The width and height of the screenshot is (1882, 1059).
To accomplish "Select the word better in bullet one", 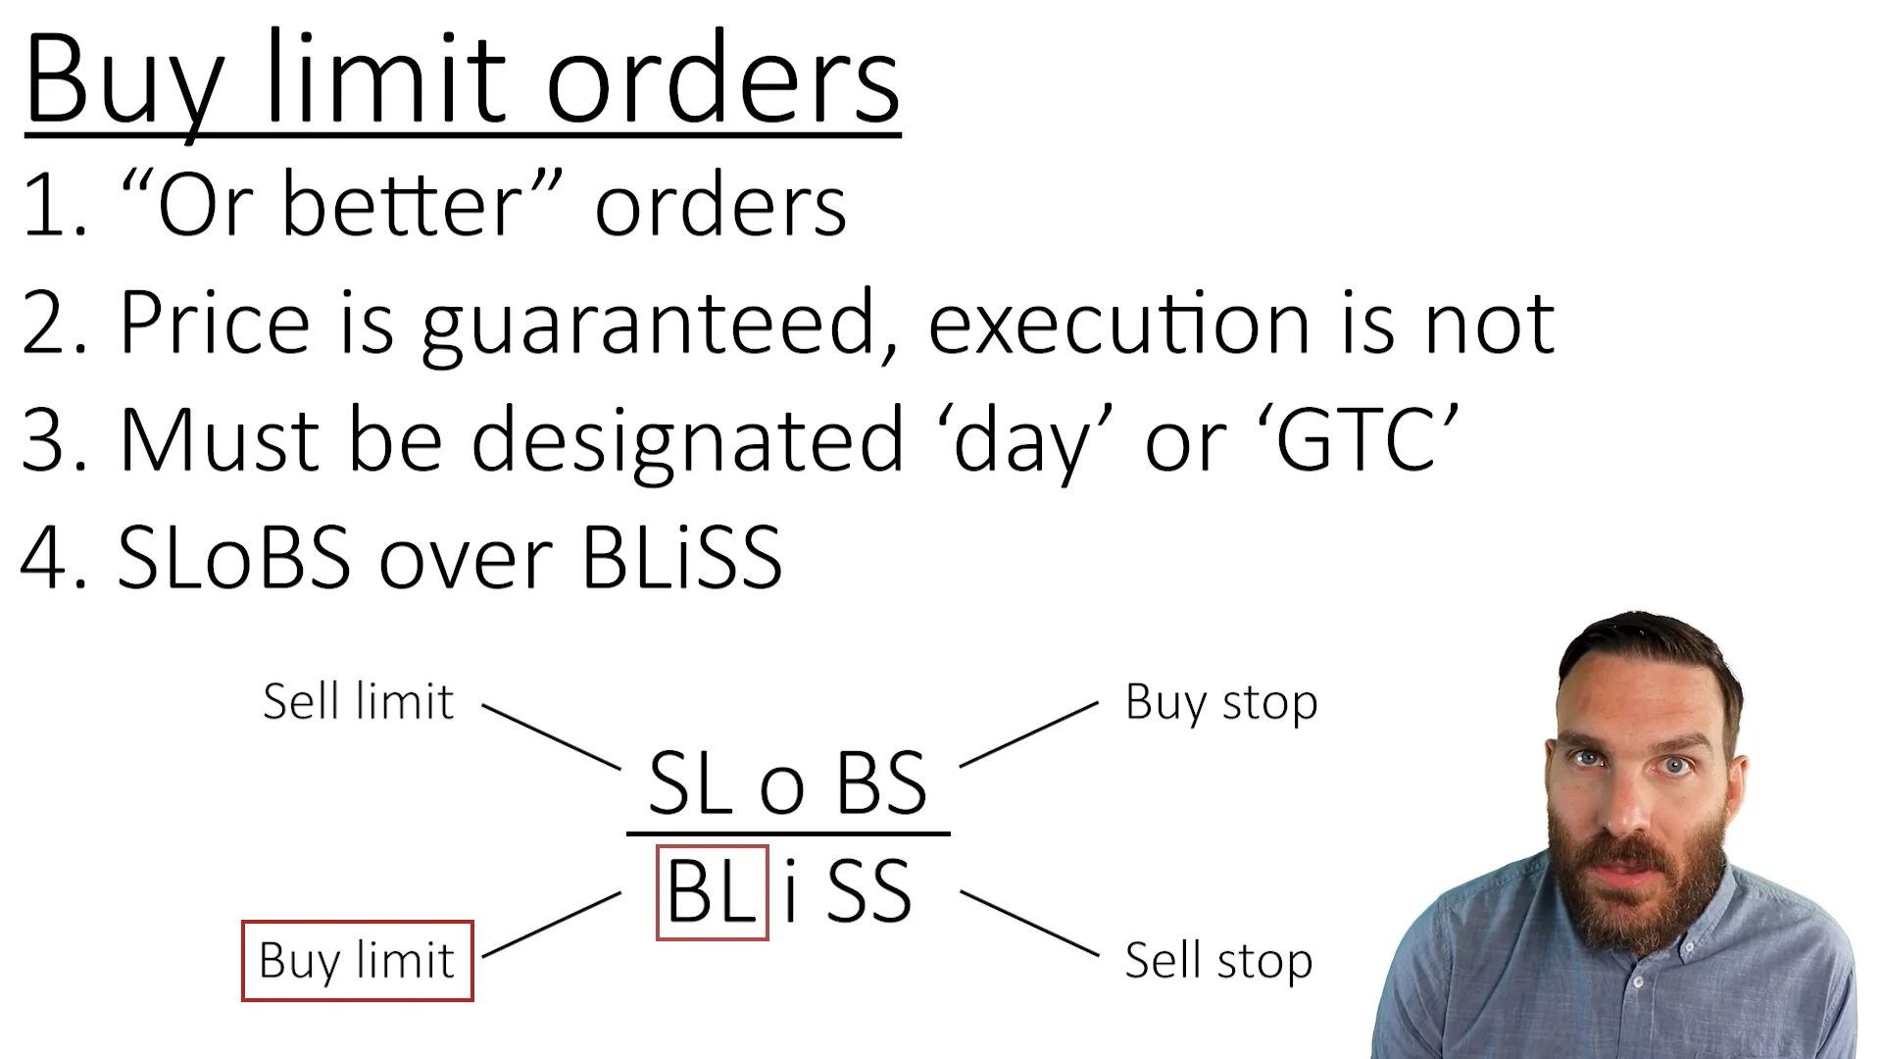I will [x=402, y=206].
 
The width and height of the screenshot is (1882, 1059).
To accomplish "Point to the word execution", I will [x=1118, y=324].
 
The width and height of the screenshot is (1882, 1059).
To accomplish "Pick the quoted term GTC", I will [x=1358, y=441].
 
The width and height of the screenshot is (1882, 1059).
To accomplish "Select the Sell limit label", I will [x=359, y=702].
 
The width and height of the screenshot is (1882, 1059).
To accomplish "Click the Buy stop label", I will [x=1221, y=702].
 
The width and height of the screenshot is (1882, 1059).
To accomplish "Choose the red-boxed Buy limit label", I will [x=358, y=961].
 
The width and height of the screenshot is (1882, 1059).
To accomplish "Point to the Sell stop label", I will [x=1218, y=961].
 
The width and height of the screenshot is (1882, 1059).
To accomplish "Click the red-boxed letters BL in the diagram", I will [x=712, y=892].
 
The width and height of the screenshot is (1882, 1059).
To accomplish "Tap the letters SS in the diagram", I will [x=869, y=892].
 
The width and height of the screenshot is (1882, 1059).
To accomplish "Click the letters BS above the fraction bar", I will [x=881, y=784].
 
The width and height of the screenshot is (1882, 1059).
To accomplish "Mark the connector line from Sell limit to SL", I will [x=551, y=736].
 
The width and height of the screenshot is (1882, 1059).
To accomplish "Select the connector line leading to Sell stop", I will [x=1029, y=923].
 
